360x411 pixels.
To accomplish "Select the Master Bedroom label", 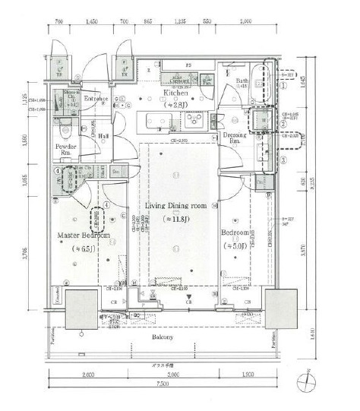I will point(84,236).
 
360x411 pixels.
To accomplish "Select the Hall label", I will point(103,136).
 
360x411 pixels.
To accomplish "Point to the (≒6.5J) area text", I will point(84,248).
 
